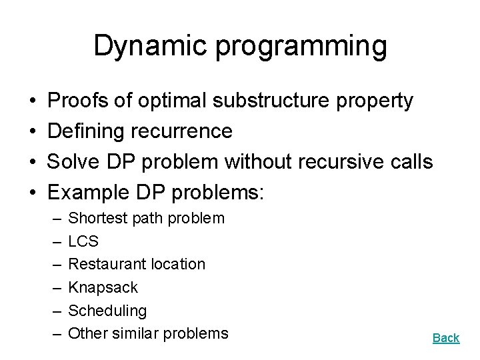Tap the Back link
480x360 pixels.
tap(446, 338)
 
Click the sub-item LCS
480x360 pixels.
tap(83, 241)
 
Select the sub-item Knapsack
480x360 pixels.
tap(103, 288)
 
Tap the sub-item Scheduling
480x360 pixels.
tap(107, 311)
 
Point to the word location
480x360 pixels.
tap(178, 265)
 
